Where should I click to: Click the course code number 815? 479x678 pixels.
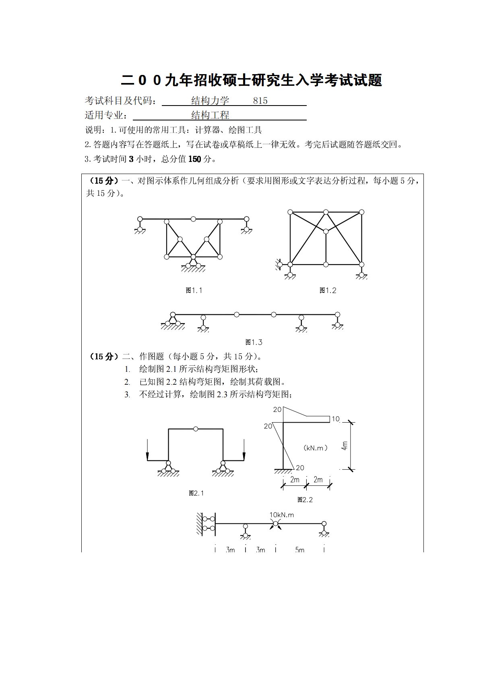[x=260, y=101]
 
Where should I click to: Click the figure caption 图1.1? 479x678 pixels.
[x=194, y=290]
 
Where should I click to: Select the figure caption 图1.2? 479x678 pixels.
[x=328, y=290]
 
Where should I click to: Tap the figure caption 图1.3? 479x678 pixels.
[x=254, y=342]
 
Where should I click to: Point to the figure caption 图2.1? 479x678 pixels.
[x=197, y=493]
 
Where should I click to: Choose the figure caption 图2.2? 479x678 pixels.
[x=305, y=500]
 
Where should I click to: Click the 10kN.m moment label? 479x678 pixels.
[x=282, y=515]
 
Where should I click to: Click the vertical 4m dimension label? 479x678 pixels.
[x=345, y=446]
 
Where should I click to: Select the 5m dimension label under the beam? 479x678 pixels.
[x=299, y=550]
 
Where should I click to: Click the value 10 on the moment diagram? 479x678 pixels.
[x=336, y=419]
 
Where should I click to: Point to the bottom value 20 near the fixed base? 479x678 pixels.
[x=300, y=468]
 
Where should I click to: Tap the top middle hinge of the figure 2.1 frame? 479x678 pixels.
[x=195, y=429]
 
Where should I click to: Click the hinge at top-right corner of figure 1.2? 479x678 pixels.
[x=361, y=212]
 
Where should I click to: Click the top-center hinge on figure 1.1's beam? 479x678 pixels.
[x=193, y=219]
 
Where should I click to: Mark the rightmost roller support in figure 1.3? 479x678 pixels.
[x=337, y=321]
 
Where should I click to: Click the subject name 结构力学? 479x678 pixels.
[x=210, y=101]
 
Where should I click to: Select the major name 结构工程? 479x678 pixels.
[x=210, y=116]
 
